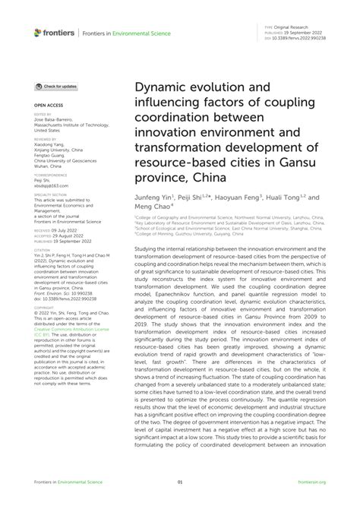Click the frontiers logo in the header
53,32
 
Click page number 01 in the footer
180,482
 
